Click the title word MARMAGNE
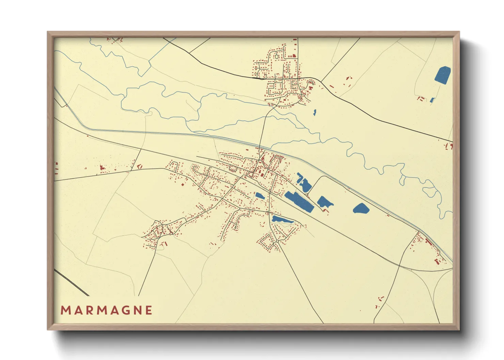point(107,310)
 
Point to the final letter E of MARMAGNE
point(149,310)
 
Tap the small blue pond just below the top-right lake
point(432,100)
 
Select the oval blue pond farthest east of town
point(361,208)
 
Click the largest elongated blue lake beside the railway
point(299,201)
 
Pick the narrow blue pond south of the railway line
point(282,220)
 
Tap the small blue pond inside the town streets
point(260,196)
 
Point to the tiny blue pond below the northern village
point(315,112)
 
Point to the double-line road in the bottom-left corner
point(72,282)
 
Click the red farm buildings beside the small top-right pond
point(421,99)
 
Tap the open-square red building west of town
point(139,166)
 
